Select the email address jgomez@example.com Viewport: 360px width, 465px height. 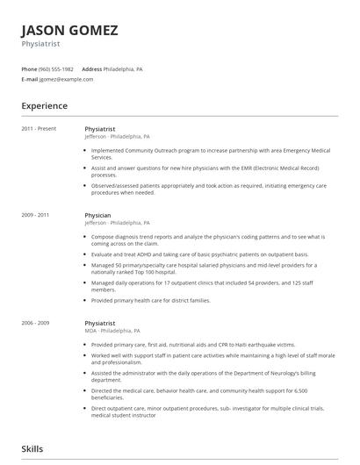pyautogui.click(x=66, y=79)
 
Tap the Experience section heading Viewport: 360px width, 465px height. pyautogui.click(x=44, y=106)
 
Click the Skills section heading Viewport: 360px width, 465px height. pyautogui.click(x=32, y=448)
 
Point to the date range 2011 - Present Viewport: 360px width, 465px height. pyautogui.click(x=39, y=129)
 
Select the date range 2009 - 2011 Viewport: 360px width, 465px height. pyautogui.click(x=35, y=214)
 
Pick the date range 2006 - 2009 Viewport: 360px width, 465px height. pyautogui.click(x=35, y=323)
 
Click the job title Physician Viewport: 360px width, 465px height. pyautogui.click(x=97, y=214)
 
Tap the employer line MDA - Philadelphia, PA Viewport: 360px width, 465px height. pyautogui.click(x=112, y=331)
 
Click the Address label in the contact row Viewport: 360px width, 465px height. pyautogui.click(x=91, y=68)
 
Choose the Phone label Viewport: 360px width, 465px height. pyautogui.click(x=29, y=68)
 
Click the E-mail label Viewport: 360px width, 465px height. pyautogui.click(x=30, y=79)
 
